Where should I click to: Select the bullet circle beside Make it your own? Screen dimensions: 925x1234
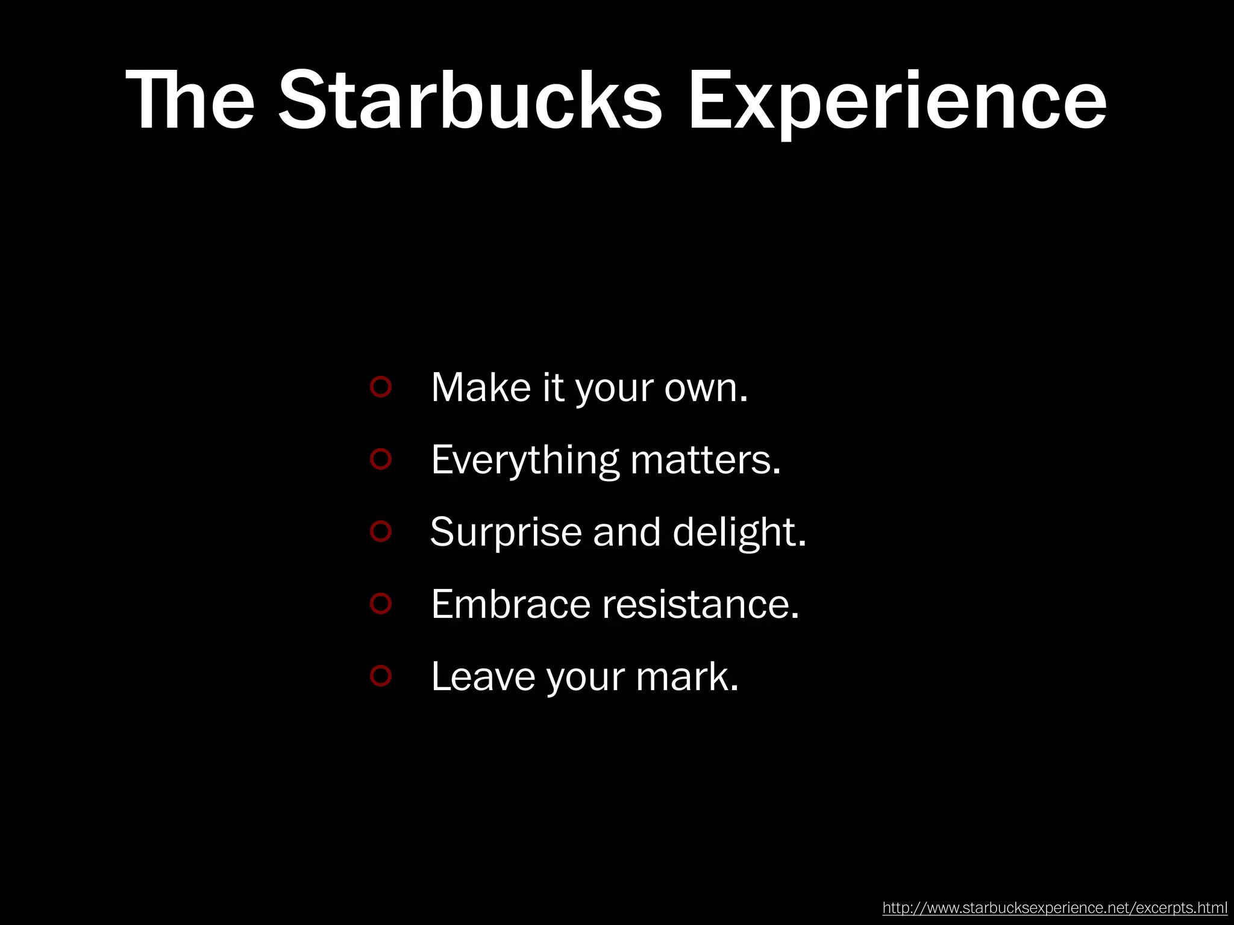[x=381, y=386]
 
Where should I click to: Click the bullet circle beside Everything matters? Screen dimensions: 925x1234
[x=381, y=459]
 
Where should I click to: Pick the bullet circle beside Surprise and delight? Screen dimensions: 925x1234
[x=381, y=531]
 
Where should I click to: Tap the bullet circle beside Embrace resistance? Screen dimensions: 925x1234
[x=381, y=603]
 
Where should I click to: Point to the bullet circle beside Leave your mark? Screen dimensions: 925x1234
[x=381, y=676]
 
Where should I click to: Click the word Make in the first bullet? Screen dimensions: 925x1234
[x=481, y=387]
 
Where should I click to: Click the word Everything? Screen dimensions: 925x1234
[x=525, y=461]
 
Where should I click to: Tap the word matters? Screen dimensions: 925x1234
[x=705, y=461]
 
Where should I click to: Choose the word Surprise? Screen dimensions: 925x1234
[x=506, y=533]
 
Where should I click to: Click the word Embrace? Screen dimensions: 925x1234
[x=510, y=605]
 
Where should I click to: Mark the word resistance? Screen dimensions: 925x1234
[x=700, y=605]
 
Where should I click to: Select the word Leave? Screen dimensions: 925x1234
[x=483, y=677]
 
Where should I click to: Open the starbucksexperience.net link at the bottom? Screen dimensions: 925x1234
[x=1054, y=908]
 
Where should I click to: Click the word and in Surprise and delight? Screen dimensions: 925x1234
[x=627, y=533]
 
